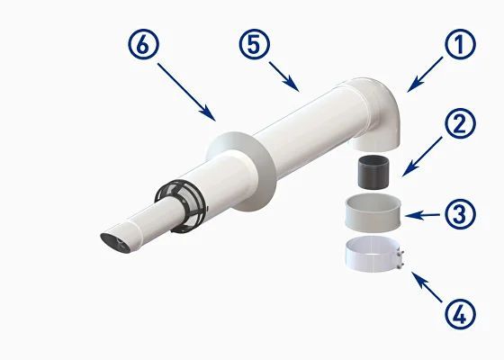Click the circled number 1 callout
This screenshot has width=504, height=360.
pyautogui.click(x=460, y=44)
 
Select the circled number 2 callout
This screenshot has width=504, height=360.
pyautogui.click(x=460, y=123)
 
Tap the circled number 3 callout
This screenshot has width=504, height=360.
pyautogui.click(x=460, y=213)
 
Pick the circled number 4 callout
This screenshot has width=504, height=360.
pyautogui.click(x=460, y=314)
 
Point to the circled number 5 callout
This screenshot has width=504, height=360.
pyautogui.click(x=254, y=44)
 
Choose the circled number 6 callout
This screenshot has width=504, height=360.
pyautogui.click(x=143, y=44)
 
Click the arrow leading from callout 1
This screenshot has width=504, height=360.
pyautogui.click(x=425, y=75)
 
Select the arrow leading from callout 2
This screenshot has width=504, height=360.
pyautogui.click(x=422, y=157)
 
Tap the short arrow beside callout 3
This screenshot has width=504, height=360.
pyautogui.click(x=422, y=215)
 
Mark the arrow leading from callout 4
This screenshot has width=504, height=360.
pyautogui.click(x=427, y=287)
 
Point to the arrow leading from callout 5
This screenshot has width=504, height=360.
pyautogui.click(x=283, y=76)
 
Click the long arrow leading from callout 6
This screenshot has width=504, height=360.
pyautogui.click(x=186, y=92)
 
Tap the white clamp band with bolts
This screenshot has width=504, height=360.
pyautogui.click(x=373, y=254)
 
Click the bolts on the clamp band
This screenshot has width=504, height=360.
pyautogui.click(x=400, y=259)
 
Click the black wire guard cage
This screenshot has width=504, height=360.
pyautogui.click(x=181, y=206)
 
